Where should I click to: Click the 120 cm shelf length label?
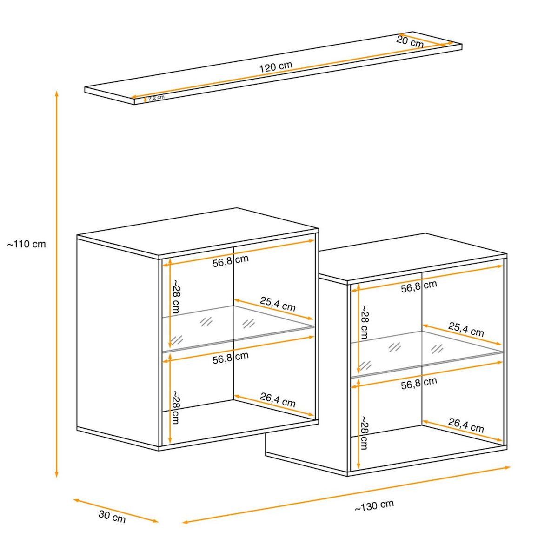click(275, 67)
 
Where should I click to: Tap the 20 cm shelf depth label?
click(410, 42)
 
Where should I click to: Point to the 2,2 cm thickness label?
click(156, 98)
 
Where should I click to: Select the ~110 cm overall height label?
click(27, 244)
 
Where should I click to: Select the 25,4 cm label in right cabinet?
click(466, 330)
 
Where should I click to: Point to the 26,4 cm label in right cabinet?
click(466, 425)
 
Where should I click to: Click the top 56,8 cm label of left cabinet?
click(231, 260)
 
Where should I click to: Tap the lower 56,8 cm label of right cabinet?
click(419, 383)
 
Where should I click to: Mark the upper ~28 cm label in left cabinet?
click(176, 296)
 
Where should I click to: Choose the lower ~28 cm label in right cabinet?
click(364, 433)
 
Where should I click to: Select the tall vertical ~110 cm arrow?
click(57, 284)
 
